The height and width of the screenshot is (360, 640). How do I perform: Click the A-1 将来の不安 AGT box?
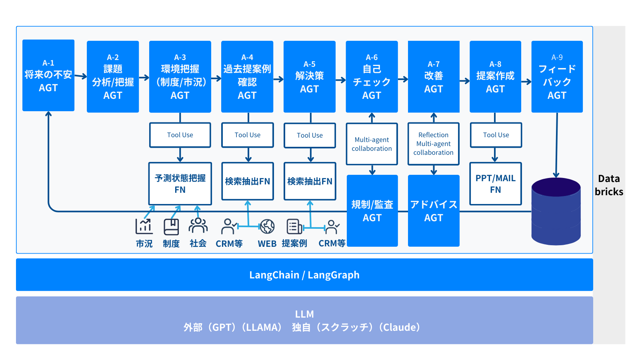pyautogui.click(x=48, y=75)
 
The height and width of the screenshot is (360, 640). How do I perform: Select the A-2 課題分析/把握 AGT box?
pyautogui.click(x=113, y=76)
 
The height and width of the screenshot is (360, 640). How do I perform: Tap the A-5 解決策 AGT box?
pyautogui.click(x=309, y=76)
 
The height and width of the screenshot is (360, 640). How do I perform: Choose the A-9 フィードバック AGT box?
pyautogui.click(x=557, y=76)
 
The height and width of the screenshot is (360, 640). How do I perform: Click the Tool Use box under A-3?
pyautogui.click(x=180, y=135)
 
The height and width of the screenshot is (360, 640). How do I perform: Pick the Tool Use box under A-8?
pyautogui.click(x=496, y=135)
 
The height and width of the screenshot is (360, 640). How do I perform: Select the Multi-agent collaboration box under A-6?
pyautogui.click(x=372, y=144)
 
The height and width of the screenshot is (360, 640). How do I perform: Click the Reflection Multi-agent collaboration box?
pyautogui.click(x=433, y=144)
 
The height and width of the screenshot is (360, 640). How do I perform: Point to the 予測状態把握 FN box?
pyautogui.click(x=180, y=184)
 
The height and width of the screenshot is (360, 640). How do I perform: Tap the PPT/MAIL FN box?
pyautogui.click(x=495, y=184)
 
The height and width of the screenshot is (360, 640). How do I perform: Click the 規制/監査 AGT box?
pyautogui.click(x=372, y=211)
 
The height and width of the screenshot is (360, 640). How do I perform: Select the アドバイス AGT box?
pyautogui.click(x=434, y=211)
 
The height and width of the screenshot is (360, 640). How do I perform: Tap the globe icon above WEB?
pyautogui.click(x=267, y=226)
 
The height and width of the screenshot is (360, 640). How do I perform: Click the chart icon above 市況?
pyautogui.click(x=144, y=226)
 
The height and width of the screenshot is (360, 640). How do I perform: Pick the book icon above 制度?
pyautogui.click(x=171, y=227)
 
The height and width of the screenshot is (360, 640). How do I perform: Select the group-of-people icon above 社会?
pyautogui.click(x=198, y=226)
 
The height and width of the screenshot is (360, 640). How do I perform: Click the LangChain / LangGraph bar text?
pyautogui.click(x=304, y=275)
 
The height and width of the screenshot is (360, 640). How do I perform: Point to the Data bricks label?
pyautogui.click(x=609, y=185)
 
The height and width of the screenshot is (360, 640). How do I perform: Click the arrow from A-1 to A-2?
pyautogui.click(x=81, y=76)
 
